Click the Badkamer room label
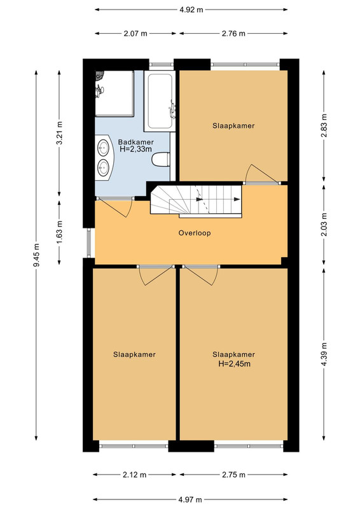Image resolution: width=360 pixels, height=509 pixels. click(135, 142)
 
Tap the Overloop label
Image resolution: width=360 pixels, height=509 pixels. click(195, 233)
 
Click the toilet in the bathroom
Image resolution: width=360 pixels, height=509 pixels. click(161, 160)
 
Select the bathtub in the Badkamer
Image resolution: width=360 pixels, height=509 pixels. click(160, 101)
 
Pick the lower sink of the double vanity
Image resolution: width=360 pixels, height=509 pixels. click(104, 167)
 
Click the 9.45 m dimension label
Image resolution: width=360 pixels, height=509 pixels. click(36, 255)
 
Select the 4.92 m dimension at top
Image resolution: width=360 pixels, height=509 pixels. click(191, 10)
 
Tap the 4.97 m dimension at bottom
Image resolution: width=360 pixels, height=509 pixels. click(190, 499)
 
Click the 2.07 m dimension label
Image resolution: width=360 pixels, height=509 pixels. click(135, 33)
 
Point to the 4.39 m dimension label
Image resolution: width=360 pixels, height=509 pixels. click(324, 354)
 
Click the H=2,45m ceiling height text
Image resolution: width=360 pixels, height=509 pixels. click(234, 363)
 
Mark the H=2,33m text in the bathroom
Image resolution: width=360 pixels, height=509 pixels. click(135, 150)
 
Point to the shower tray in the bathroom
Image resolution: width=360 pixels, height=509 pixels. click(114, 94)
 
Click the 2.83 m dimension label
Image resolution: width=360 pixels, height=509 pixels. click(324, 125)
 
